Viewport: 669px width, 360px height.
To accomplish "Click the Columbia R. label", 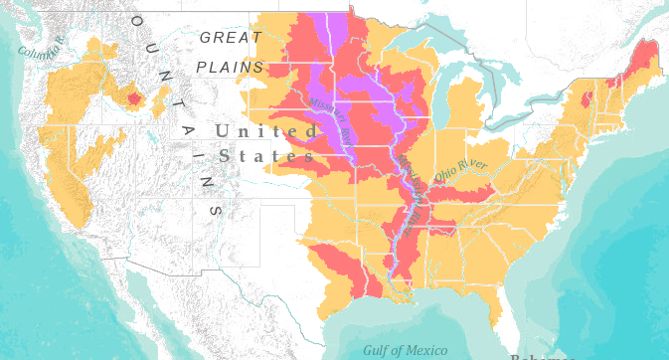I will point(41,46).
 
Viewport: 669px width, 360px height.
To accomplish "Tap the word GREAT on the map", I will point(231,38).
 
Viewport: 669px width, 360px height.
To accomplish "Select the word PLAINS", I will point(230,67).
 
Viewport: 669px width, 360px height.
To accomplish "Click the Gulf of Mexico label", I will point(405,349).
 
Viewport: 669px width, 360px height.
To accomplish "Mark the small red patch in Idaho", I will point(133,97).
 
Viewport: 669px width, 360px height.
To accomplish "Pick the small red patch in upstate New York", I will point(585,99).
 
